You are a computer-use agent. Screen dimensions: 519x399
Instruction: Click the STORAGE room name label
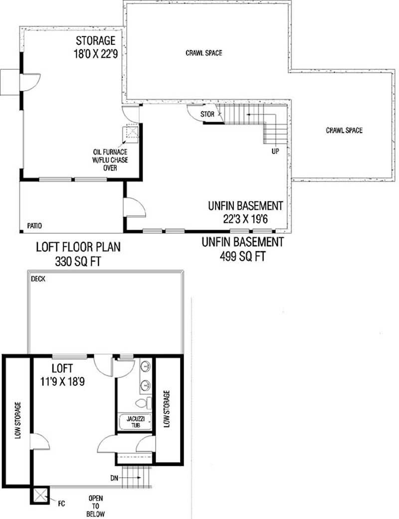pyautogui.click(x=95, y=40)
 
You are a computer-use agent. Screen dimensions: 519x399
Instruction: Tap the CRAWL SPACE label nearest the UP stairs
pyautogui.click(x=344, y=131)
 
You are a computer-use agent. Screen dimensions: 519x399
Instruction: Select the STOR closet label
pyautogui.click(x=207, y=114)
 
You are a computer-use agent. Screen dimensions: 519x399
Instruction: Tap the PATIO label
pyautogui.click(x=34, y=226)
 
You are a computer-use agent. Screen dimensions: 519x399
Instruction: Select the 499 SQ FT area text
pyautogui.click(x=242, y=256)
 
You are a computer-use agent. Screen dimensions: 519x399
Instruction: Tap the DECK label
pyautogui.click(x=38, y=279)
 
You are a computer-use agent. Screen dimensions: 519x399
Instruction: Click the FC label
pyautogui.click(x=61, y=497)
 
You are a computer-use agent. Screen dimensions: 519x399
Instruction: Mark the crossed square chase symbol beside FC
pyautogui.click(x=39, y=496)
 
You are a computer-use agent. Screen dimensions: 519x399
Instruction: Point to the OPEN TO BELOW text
pyautogui.click(x=96, y=506)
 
